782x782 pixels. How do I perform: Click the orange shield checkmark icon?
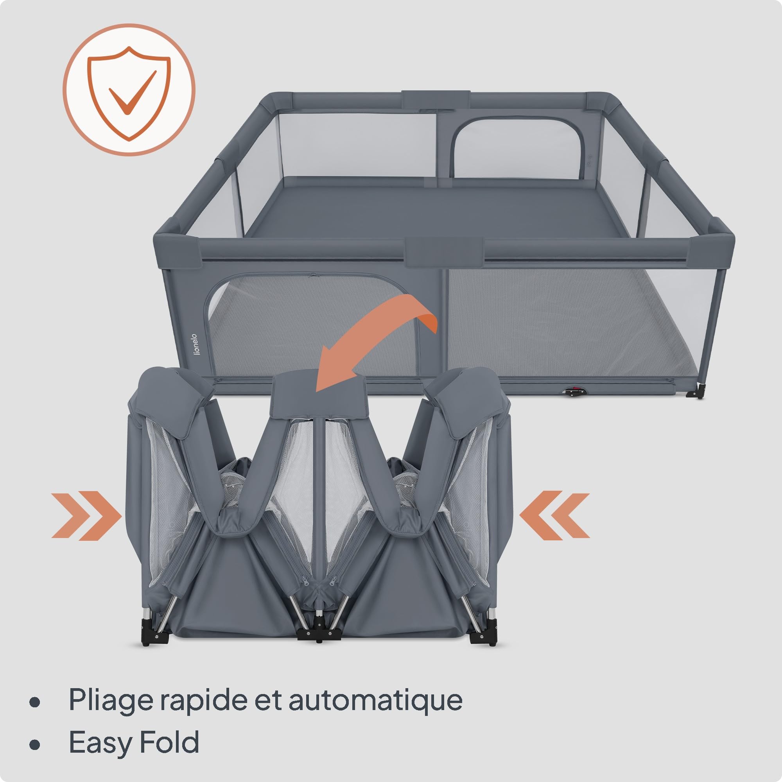click(x=129, y=90)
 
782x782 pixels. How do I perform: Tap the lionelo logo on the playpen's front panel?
click(x=195, y=344)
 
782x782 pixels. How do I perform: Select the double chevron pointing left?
click(x=554, y=515)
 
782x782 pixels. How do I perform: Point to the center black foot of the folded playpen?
click(x=319, y=634)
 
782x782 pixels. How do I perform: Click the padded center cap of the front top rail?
click(x=444, y=252)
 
